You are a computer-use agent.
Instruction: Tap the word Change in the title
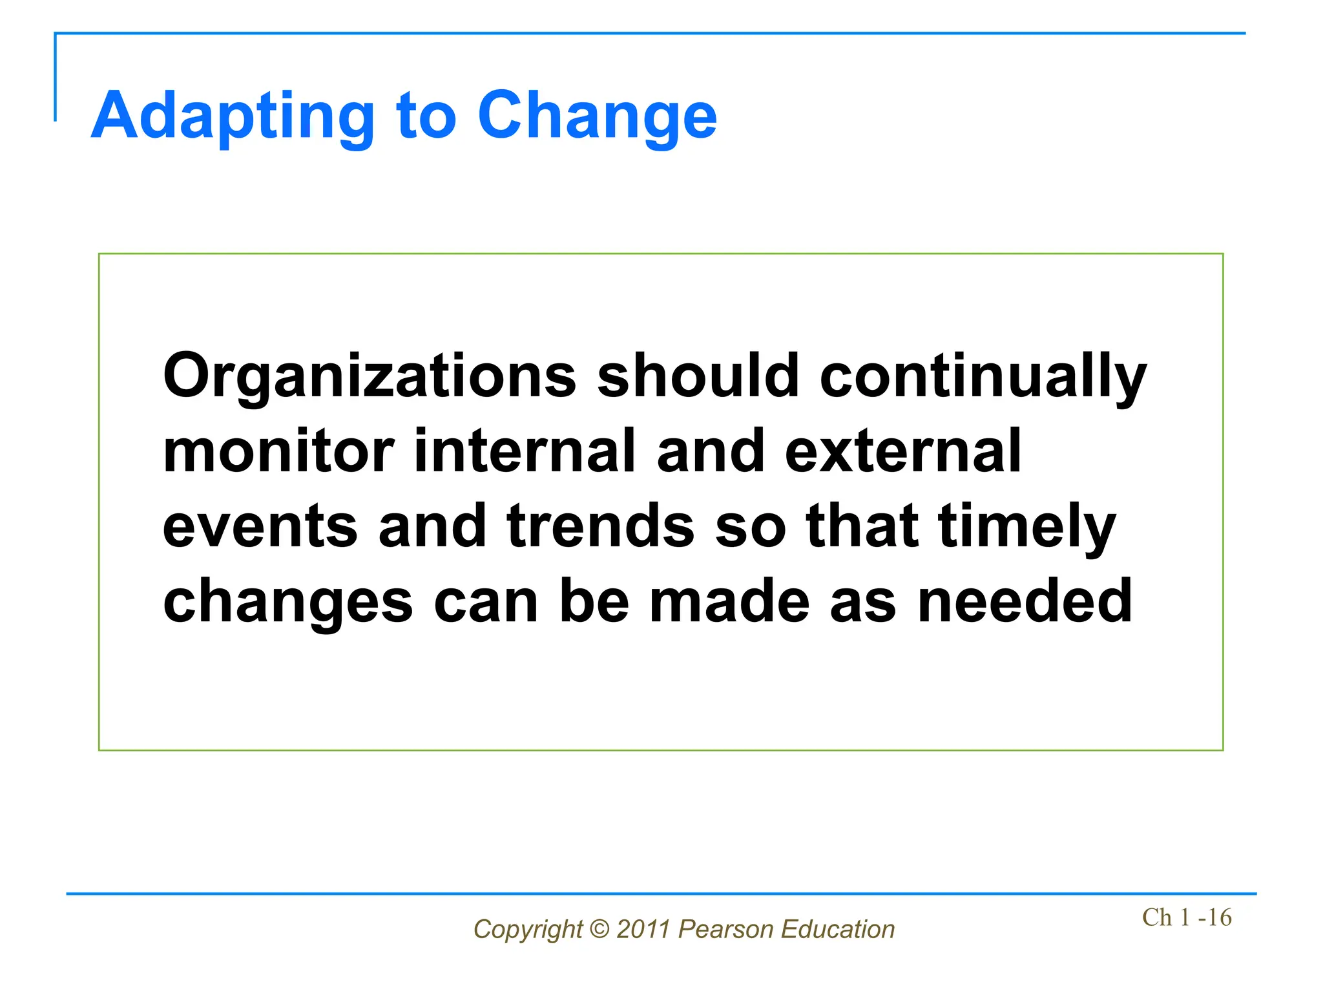[x=597, y=116]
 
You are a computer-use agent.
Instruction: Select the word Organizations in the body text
[x=369, y=377]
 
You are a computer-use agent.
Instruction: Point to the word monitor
[x=278, y=452]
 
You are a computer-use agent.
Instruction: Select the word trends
[x=601, y=526]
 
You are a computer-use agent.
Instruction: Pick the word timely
[x=1026, y=526]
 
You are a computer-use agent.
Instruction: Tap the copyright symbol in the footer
[x=599, y=930]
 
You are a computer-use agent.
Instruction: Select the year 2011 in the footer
[x=643, y=930]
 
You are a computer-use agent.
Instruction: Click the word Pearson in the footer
[x=725, y=930]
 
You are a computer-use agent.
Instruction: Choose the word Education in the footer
[x=837, y=930]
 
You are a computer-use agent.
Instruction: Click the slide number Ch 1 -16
[x=1186, y=917]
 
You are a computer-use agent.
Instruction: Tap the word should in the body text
[x=698, y=377]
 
